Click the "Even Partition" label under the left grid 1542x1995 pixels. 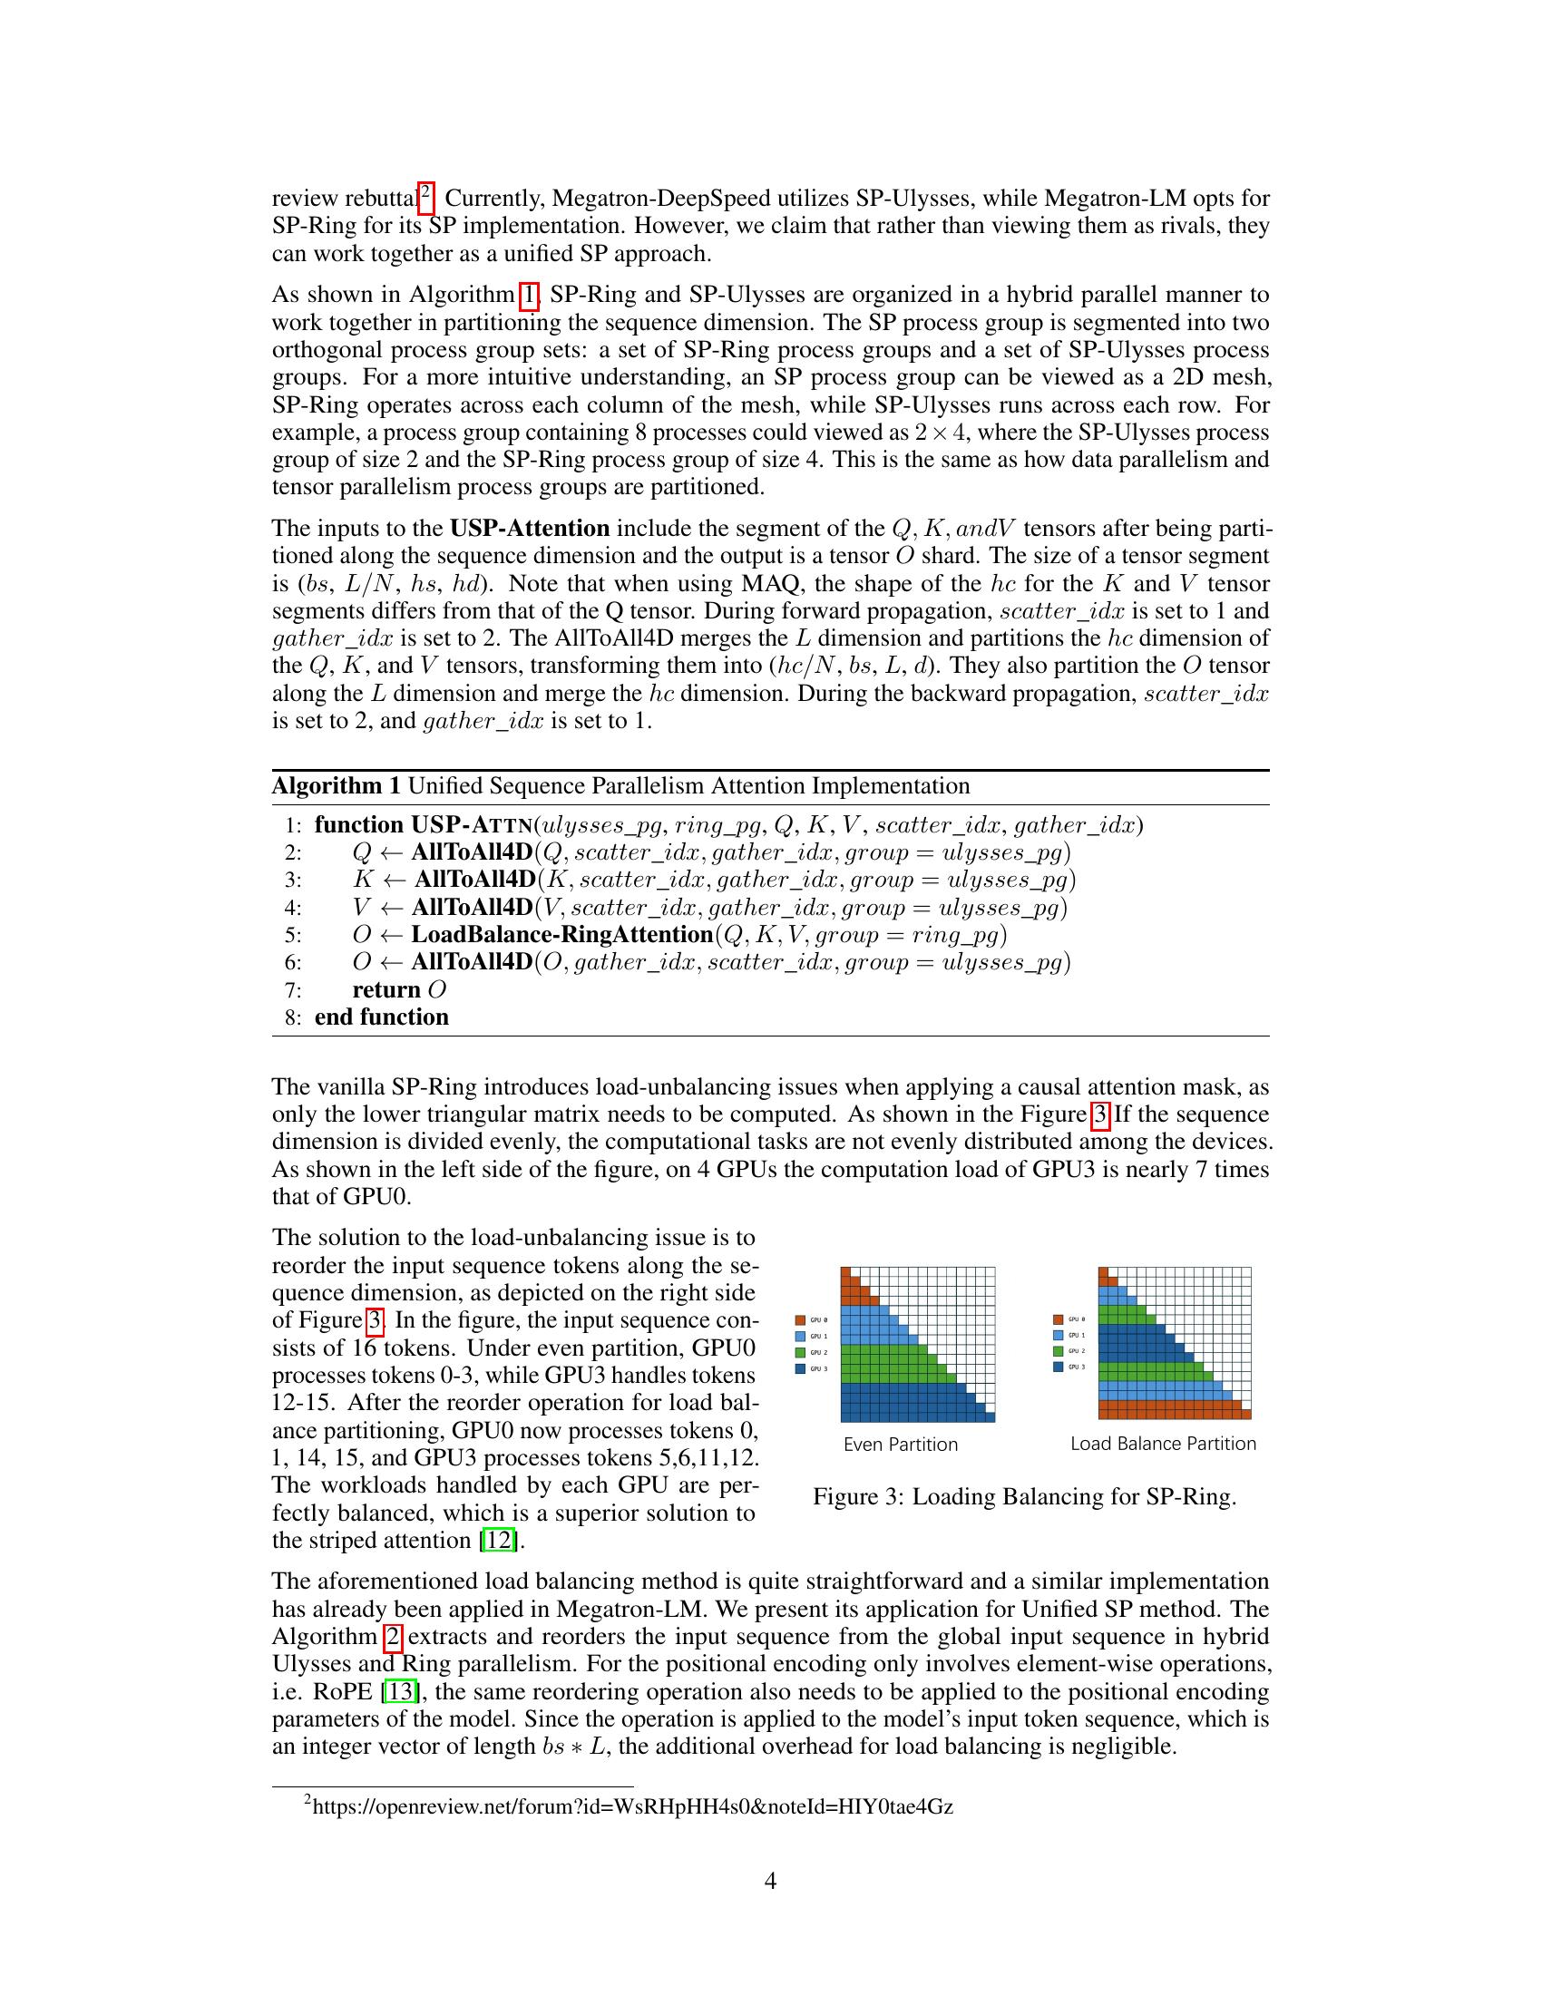(x=900, y=1445)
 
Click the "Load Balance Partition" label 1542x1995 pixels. (x=1163, y=1444)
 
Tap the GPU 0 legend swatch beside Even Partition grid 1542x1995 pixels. (x=800, y=1320)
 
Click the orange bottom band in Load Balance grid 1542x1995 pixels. (x=1173, y=1409)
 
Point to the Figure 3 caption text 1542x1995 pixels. (x=1024, y=1496)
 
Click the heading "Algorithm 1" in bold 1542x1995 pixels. (x=336, y=786)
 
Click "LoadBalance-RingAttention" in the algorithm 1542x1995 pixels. (x=561, y=934)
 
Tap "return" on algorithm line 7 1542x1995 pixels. (x=385, y=990)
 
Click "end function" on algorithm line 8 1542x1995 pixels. (x=381, y=1017)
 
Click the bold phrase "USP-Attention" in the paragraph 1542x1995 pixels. (x=529, y=529)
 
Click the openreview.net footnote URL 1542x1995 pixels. (x=632, y=1805)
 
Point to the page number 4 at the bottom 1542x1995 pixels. (x=770, y=1881)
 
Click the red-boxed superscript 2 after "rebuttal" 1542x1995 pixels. (x=425, y=195)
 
